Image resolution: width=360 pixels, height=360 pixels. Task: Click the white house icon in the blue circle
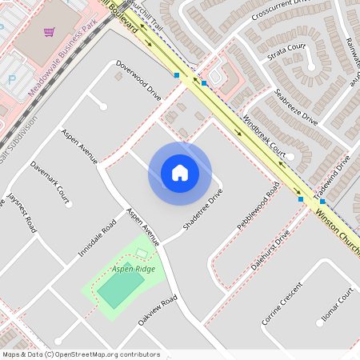180,173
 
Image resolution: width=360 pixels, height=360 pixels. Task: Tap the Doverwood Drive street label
138,79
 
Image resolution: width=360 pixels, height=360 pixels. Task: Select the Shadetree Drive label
202,210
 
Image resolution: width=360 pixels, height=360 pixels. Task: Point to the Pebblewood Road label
258,206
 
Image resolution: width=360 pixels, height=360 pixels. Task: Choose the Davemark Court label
50,179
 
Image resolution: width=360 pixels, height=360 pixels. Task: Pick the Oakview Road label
157,310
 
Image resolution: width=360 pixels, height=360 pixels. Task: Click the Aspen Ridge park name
133,270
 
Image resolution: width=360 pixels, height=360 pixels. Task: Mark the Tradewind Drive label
333,174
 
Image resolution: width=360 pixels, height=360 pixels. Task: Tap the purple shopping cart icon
50,32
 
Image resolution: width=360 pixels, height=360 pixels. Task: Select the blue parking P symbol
12,79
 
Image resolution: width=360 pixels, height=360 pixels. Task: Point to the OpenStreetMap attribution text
81,354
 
